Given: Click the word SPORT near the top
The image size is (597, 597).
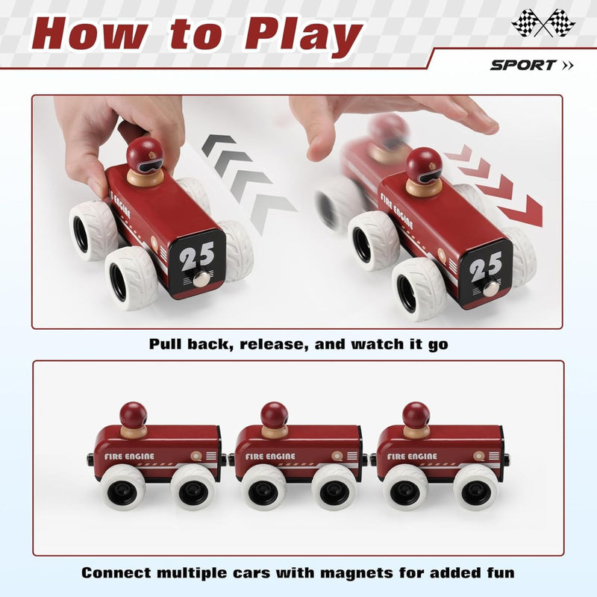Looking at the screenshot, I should [523, 65].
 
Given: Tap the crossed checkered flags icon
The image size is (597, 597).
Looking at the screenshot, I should [543, 22].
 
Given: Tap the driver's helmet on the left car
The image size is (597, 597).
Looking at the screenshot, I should [145, 154].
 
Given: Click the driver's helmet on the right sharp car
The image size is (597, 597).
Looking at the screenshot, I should [423, 164].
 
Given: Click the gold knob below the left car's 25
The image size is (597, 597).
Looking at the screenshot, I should [199, 280].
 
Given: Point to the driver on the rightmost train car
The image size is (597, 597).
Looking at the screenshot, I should [416, 418].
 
